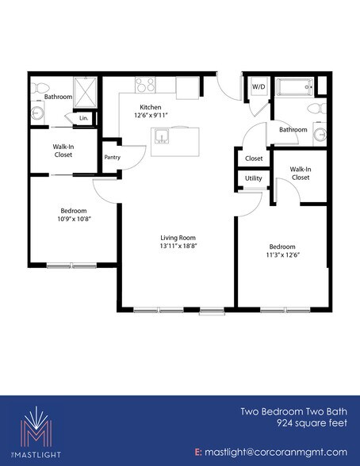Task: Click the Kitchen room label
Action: tap(151, 106)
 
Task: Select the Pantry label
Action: tap(112, 157)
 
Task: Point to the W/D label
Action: tap(259, 87)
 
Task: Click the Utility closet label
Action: tap(253, 179)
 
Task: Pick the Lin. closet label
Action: tap(83, 118)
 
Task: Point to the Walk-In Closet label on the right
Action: tap(299, 174)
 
